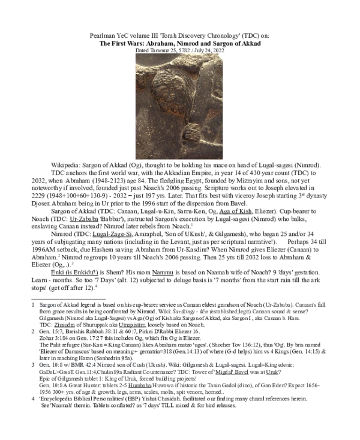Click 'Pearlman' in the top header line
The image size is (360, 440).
102,35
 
